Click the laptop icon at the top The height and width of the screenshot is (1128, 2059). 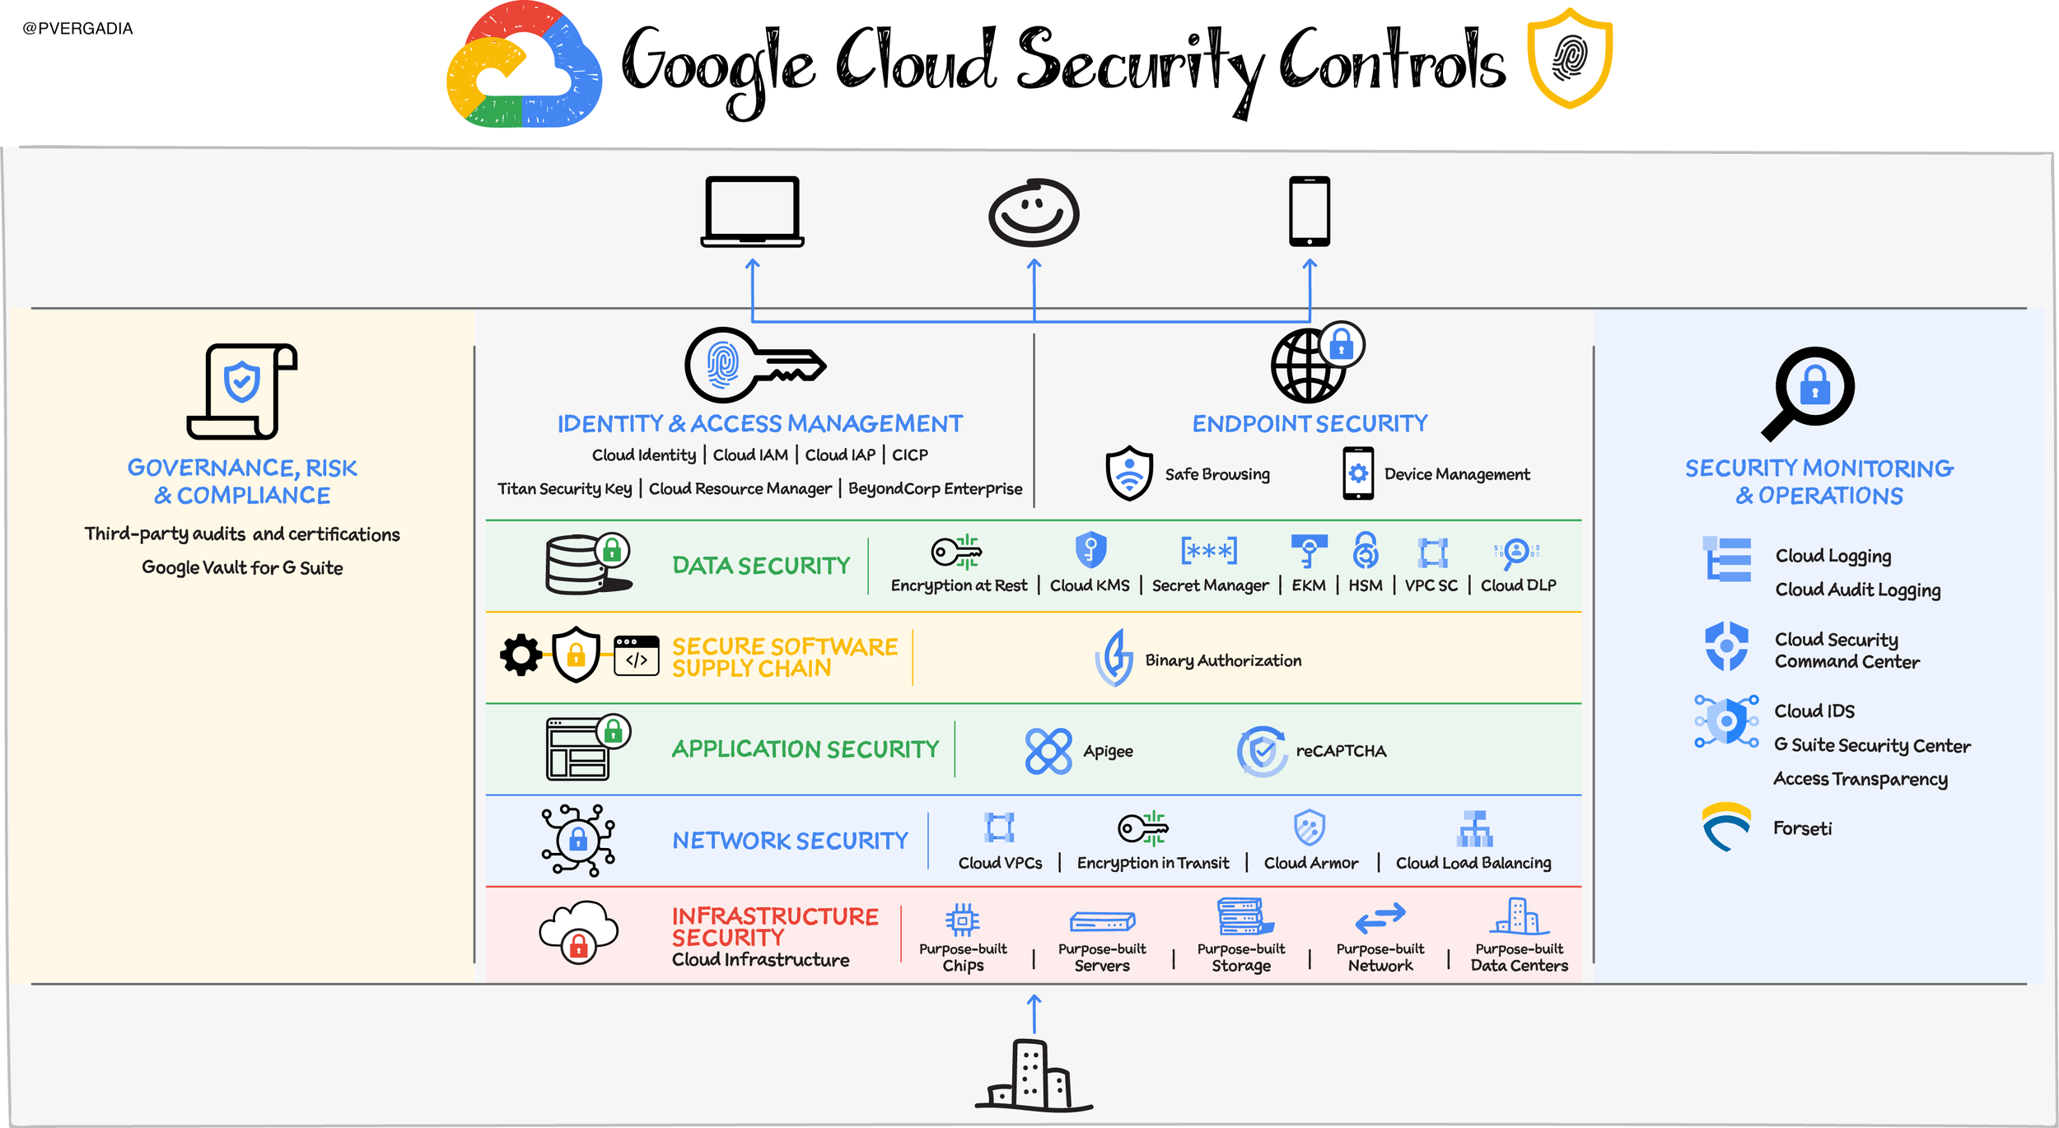click(x=752, y=212)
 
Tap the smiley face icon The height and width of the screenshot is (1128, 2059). click(x=1034, y=212)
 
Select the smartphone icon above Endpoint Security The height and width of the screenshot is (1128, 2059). click(x=1310, y=211)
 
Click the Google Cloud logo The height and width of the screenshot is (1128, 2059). click(x=524, y=66)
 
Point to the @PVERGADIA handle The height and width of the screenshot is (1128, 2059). click(x=77, y=29)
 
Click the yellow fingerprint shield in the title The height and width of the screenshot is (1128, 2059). click(x=1570, y=58)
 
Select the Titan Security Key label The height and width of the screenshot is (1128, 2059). click(x=564, y=488)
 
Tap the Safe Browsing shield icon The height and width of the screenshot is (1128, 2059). click(x=1129, y=473)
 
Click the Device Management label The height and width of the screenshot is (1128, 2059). click(x=1457, y=474)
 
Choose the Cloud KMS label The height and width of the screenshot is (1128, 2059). click(x=1090, y=585)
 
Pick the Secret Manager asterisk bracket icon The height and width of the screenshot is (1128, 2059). click(x=1209, y=551)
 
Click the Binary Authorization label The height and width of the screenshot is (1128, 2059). click(x=1223, y=660)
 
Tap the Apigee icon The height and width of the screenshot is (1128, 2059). click(x=1048, y=751)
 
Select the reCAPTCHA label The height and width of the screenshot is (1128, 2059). click(x=1341, y=751)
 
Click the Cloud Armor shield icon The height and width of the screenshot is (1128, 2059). click(x=1310, y=827)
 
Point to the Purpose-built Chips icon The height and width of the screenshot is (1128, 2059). click(x=962, y=920)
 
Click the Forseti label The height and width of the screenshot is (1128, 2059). click(x=1802, y=828)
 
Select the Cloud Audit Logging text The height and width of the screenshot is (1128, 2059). click(x=1857, y=590)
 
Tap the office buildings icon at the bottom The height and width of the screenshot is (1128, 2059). click(x=1034, y=1075)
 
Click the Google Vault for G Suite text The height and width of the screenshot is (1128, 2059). click(x=242, y=567)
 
